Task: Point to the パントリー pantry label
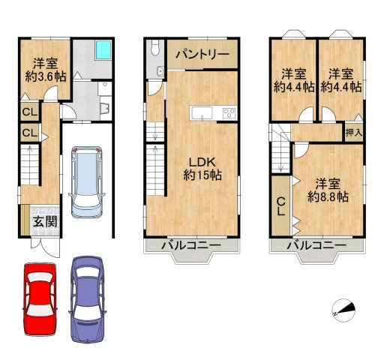(202, 55)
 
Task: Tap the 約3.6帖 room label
(45, 69)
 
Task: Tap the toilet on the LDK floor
(155, 49)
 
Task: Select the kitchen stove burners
(228, 113)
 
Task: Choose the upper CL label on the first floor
(28, 112)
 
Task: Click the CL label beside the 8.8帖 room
(280, 204)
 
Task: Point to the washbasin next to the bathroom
(104, 104)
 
